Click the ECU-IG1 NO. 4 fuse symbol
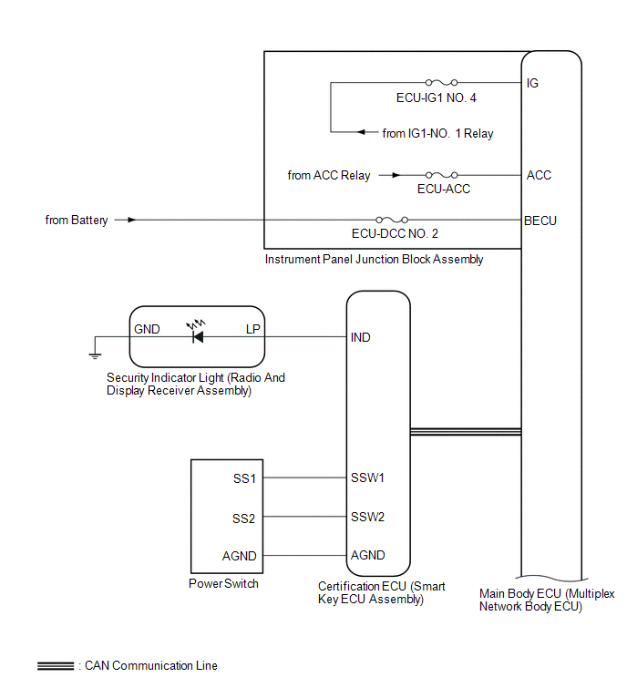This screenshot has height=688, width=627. tap(441, 83)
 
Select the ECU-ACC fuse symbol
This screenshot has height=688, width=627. tap(441, 175)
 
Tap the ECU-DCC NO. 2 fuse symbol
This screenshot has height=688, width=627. tap(392, 220)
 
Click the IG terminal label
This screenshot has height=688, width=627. tap(532, 83)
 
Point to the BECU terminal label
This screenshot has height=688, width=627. tap(540, 221)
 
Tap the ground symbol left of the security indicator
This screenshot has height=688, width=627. tap(95, 355)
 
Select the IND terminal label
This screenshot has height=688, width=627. tap(360, 337)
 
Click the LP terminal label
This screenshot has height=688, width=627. tap(253, 329)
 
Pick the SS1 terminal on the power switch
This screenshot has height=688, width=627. tap(244, 478)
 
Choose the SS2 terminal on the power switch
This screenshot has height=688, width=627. tap(243, 519)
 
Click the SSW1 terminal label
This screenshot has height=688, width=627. tap(367, 477)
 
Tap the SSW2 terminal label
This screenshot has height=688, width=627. tap(367, 517)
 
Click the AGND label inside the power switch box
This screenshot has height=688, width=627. tap(239, 556)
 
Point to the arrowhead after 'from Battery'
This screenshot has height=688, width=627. tap(131, 220)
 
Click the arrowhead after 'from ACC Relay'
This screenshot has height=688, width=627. tap(396, 175)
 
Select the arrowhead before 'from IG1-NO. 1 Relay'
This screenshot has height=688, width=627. tap(362, 132)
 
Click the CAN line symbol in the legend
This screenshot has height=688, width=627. tap(56, 666)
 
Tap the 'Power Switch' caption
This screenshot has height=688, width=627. tap(223, 583)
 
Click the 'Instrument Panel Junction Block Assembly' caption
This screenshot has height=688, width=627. tap(374, 260)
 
